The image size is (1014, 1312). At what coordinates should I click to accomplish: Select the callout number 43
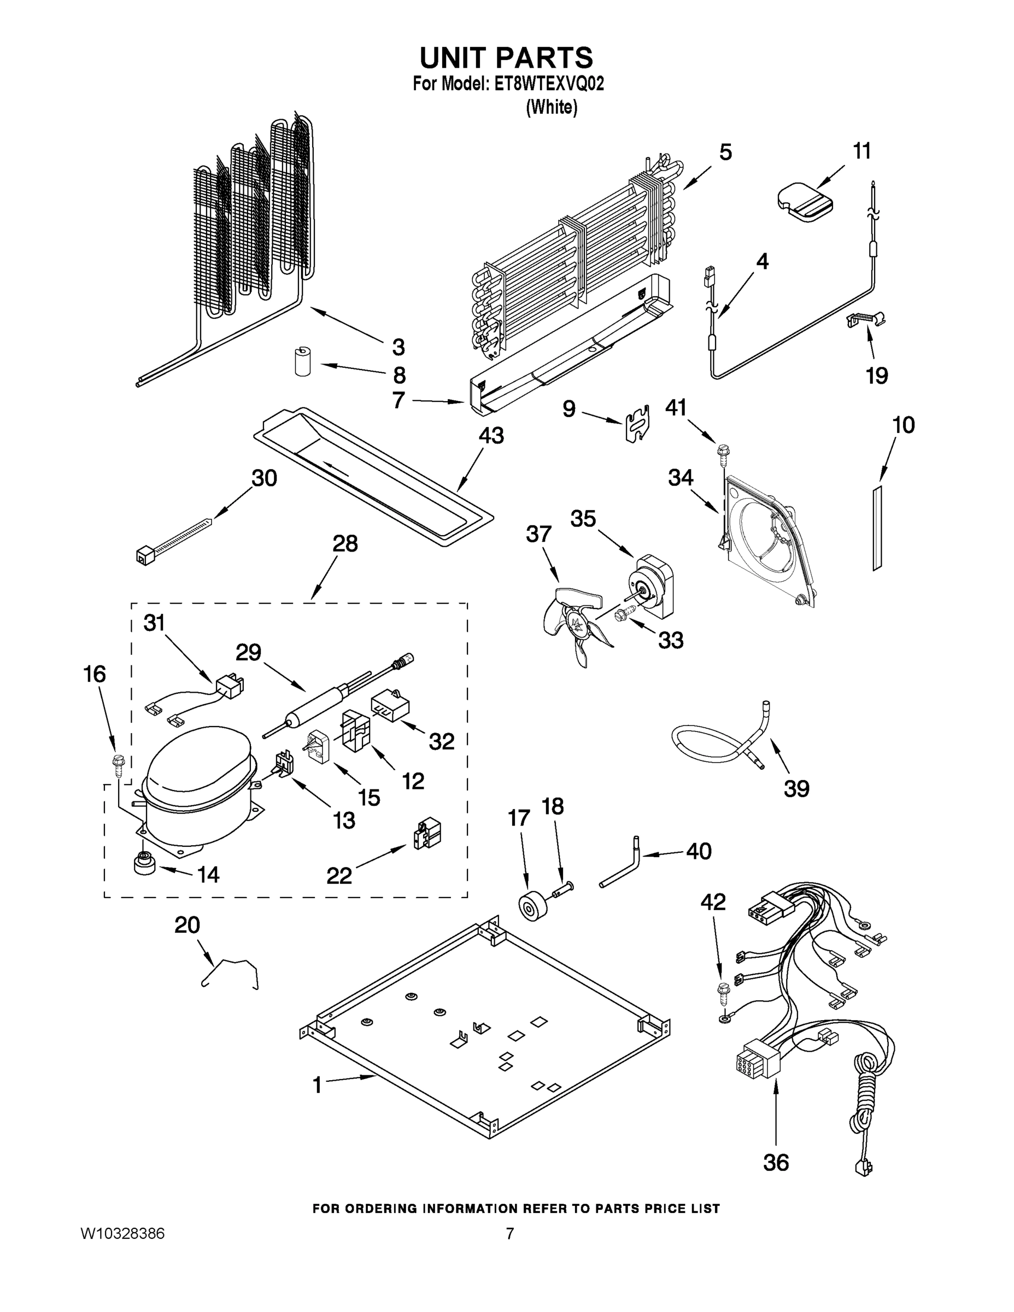491,436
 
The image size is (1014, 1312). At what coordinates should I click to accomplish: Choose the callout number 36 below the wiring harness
776,1162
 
